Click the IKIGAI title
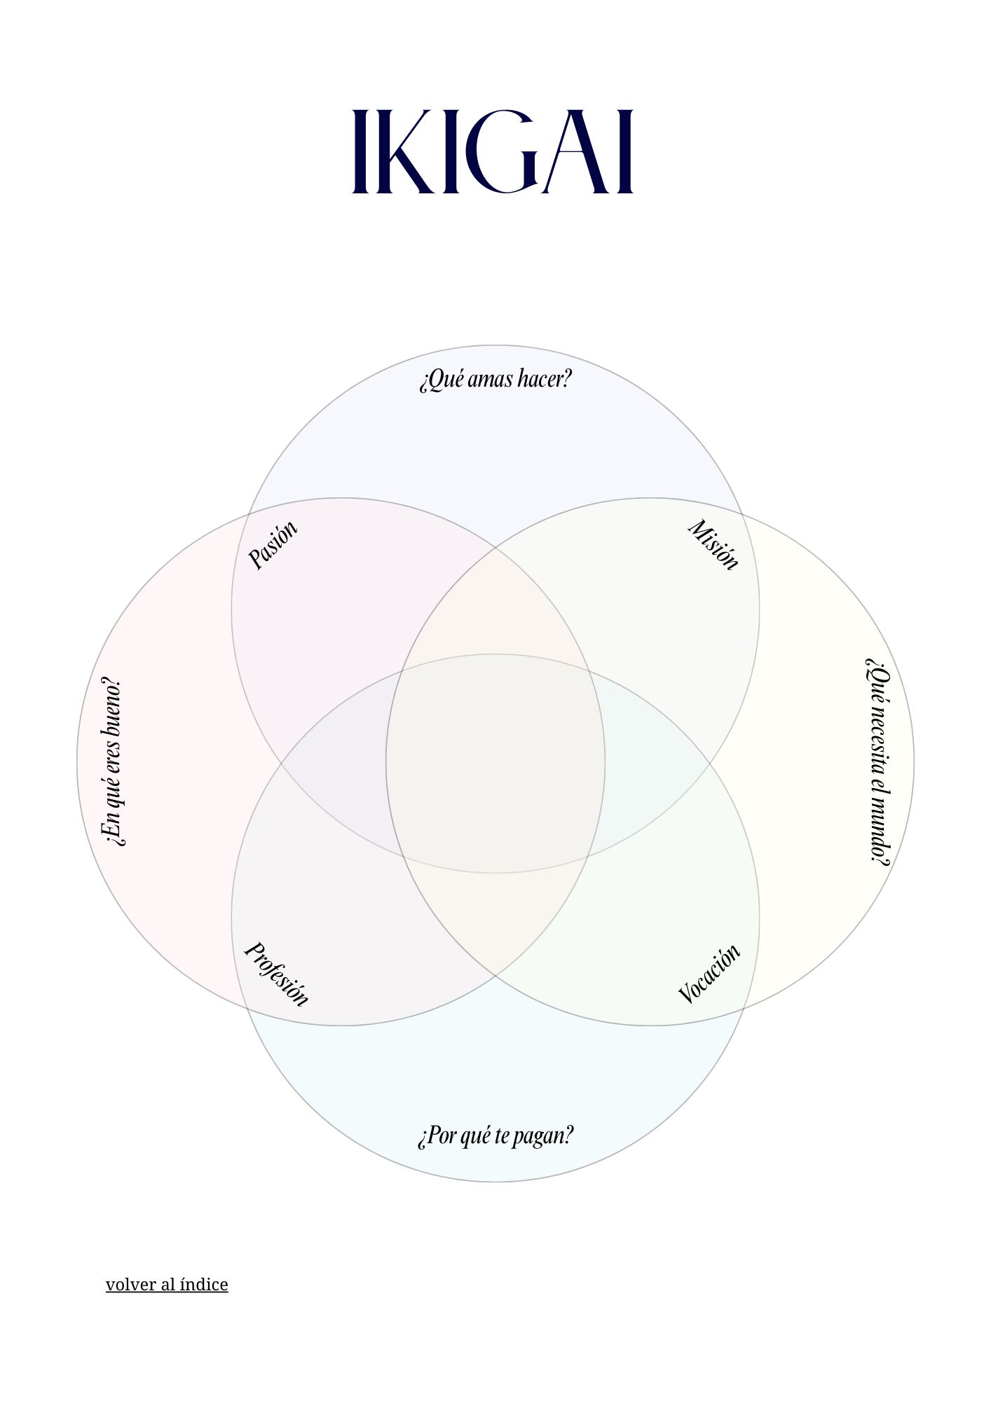tap(493, 151)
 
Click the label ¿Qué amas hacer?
tap(496, 379)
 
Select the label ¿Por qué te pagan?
tap(496, 1135)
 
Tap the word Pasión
tap(273, 544)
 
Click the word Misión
tap(713, 544)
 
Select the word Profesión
tap(276, 974)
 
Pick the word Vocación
tap(709, 974)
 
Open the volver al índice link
tap(167, 1284)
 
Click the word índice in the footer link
tap(204, 1284)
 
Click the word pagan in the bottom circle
tap(543, 1136)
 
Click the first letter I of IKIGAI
tap(360, 151)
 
